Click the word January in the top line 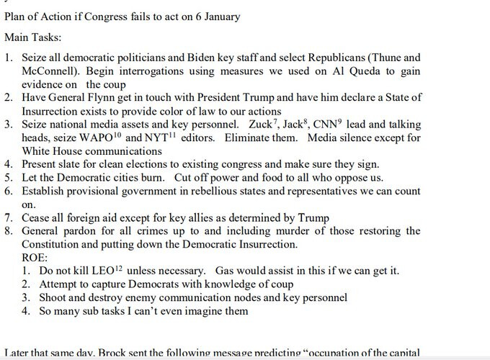pyautogui.click(x=219, y=17)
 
